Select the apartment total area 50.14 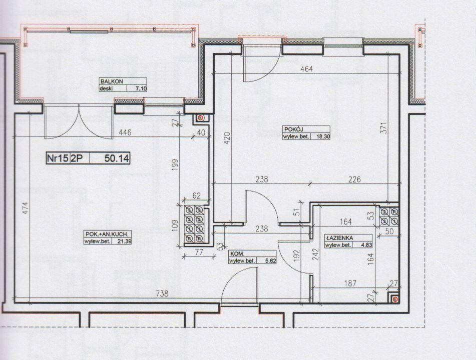click(x=117, y=158)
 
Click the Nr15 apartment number click(x=58, y=158)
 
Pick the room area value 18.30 click(x=323, y=136)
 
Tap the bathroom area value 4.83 click(x=366, y=245)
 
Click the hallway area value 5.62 click(x=270, y=260)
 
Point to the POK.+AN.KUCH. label click(x=109, y=234)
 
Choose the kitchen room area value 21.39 click(x=125, y=241)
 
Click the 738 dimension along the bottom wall click(x=162, y=293)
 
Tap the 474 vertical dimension click(x=26, y=208)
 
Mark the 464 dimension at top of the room click(x=306, y=69)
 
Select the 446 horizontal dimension click(x=125, y=132)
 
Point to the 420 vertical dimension click(x=228, y=137)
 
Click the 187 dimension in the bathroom click(x=350, y=283)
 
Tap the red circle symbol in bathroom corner click(x=394, y=299)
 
